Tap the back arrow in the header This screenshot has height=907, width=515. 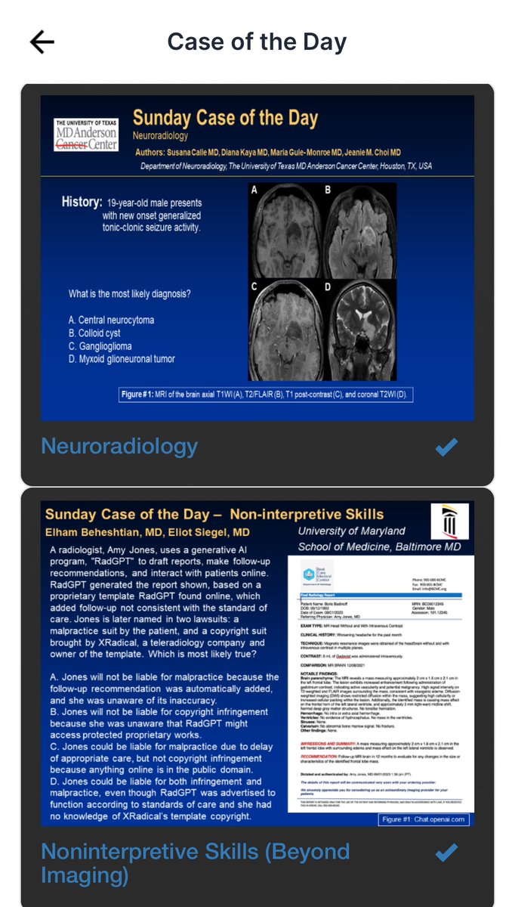point(42,42)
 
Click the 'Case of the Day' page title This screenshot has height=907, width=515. point(257,42)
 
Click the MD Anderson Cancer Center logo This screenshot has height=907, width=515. point(86,135)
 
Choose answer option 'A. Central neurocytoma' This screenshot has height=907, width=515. point(111,320)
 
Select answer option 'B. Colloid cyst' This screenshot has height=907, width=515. point(94,333)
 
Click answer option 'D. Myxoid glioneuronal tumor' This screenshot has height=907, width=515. point(122,359)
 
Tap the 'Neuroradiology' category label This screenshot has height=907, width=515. point(119,447)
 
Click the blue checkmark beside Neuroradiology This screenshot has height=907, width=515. point(447,447)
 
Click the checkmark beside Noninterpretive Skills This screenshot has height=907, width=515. point(447,853)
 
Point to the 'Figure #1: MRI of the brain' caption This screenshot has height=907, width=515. point(264,395)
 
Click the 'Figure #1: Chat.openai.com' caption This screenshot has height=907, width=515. point(426,819)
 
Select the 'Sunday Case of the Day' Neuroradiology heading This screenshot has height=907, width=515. point(225,119)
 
